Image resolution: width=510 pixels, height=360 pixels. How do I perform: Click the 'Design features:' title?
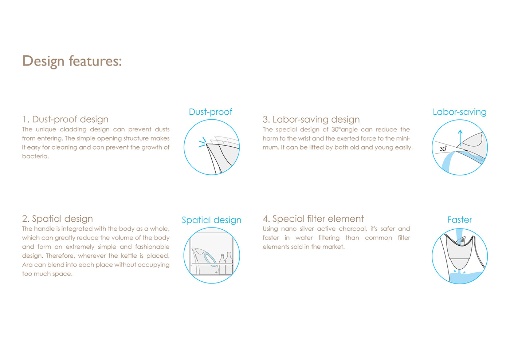(x=72, y=61)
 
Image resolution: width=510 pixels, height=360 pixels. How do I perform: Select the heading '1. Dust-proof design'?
(x=65, y=119)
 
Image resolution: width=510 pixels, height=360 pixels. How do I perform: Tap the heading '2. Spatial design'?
(x=58, y=219)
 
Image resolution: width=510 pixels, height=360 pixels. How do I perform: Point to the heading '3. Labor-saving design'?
(x=311, y=119)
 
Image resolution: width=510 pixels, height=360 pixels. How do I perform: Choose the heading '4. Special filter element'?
(x=313, y=219)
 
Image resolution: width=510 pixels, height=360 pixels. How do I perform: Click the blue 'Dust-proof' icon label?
(x=211, y=112)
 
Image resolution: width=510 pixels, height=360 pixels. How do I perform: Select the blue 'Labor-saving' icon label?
(x=460, y=112)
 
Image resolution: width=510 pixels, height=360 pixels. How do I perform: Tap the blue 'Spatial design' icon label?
(x=212, y=220)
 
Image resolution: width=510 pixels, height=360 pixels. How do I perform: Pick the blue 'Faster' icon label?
(x=460, y=219)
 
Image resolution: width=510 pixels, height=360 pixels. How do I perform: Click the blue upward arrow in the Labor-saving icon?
(x=460, y=138)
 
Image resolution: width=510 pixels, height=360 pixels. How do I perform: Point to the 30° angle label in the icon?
(x=443, y=149)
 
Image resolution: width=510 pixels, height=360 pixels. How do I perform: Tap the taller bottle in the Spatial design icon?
(x=229, y=263)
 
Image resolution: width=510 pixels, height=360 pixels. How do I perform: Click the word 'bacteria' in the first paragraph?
(x=35, y=156)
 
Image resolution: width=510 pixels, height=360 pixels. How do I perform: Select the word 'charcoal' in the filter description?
(x=353, y=229)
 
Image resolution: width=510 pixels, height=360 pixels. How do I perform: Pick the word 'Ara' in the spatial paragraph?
(x=27, y=265)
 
